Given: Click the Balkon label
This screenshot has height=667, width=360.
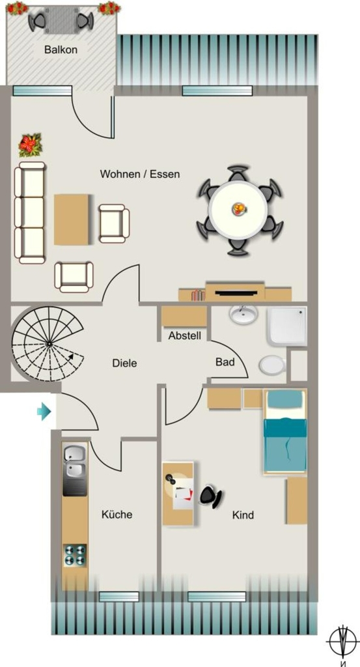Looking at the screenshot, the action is click(61, 50).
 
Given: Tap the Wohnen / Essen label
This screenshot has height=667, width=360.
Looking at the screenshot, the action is click(140, 174).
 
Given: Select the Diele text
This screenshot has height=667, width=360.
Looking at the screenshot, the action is click(124, 363).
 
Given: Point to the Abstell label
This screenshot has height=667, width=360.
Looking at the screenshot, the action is click(184, 335).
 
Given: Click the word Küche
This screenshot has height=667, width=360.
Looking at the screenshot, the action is click(117, 515).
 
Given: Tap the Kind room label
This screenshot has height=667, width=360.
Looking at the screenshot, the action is click(243, 515).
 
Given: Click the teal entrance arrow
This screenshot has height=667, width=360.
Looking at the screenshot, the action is click(44, 412).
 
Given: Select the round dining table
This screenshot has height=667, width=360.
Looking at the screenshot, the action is click(238, 210).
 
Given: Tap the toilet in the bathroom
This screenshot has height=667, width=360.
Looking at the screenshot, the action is click(273, 365).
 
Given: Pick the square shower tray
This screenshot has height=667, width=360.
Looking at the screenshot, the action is click(287, 326).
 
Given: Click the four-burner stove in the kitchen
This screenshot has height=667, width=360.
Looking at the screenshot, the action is click(75, 555).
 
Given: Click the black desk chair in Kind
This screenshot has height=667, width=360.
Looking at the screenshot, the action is click(211, 495).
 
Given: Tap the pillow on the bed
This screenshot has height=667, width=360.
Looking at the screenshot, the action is click(286, 399).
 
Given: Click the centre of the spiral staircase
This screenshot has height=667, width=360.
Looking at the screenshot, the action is click(49, 343).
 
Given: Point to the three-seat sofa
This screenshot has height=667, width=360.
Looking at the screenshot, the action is click(30, 213).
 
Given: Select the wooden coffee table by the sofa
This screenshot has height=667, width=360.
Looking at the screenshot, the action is click(72, 220).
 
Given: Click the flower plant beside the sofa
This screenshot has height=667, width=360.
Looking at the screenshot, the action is click(30, 145).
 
